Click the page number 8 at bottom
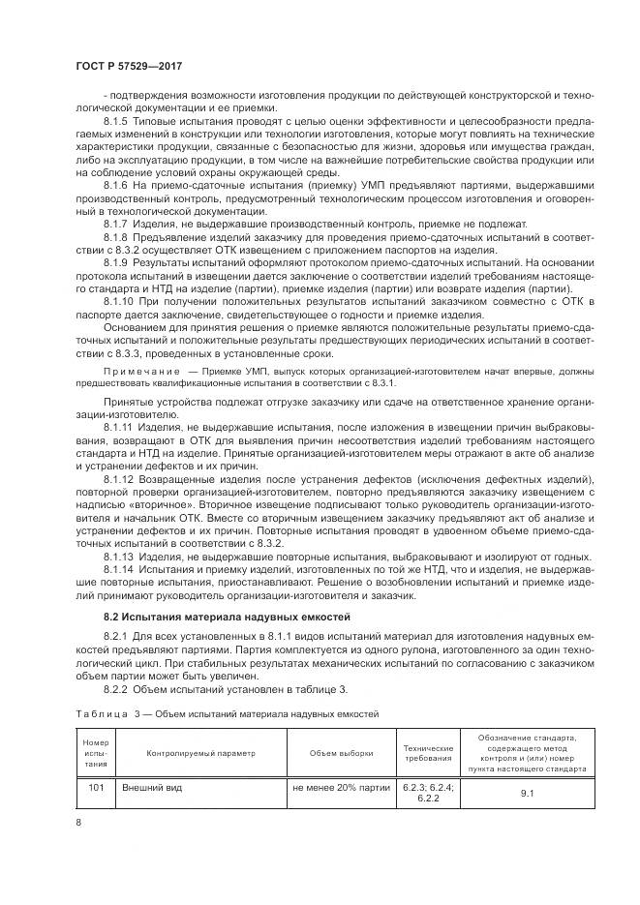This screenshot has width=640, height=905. [x=77, y=823]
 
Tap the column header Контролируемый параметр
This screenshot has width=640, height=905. [x=200, y=753]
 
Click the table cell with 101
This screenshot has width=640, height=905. [x=96, y=788]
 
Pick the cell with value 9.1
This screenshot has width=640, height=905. [x=527, y=794]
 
